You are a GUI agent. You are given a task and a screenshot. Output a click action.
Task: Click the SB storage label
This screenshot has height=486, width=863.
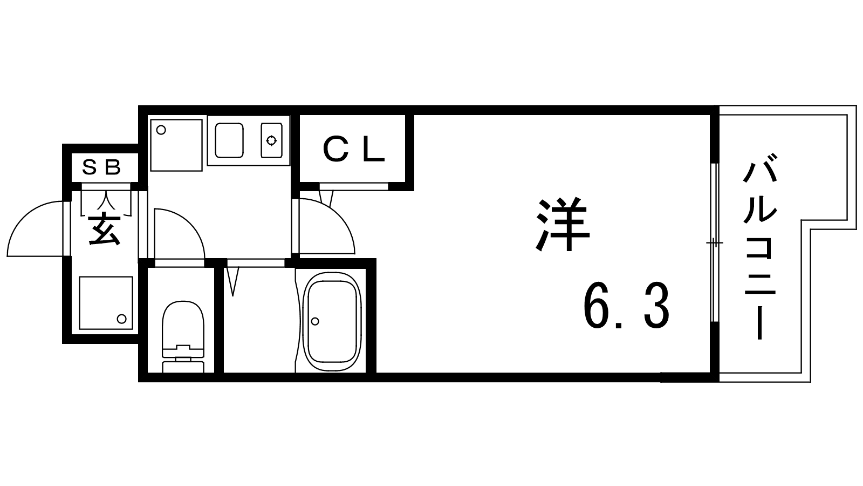(102, 167)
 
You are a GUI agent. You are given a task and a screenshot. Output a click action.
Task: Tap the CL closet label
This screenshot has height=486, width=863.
(354, 149)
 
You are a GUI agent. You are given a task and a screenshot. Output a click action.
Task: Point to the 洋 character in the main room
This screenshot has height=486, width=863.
(563, 225)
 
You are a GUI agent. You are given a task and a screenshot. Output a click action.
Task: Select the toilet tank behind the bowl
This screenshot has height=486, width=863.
(183, 367)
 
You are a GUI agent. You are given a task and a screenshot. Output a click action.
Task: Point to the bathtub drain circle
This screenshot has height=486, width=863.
(315, 321)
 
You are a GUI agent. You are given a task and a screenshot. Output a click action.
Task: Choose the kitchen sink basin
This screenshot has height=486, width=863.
(229, 140)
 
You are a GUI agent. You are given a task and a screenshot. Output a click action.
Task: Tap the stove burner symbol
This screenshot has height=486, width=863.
(272, 140)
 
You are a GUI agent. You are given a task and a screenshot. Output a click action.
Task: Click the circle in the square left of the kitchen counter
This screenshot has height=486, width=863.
(161, 130)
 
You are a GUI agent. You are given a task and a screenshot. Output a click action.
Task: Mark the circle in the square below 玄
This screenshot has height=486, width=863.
(122, 319)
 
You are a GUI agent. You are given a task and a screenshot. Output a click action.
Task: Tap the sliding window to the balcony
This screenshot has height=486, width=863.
(715, 242)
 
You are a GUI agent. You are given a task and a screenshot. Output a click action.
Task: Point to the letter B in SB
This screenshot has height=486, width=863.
(113, 167)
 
